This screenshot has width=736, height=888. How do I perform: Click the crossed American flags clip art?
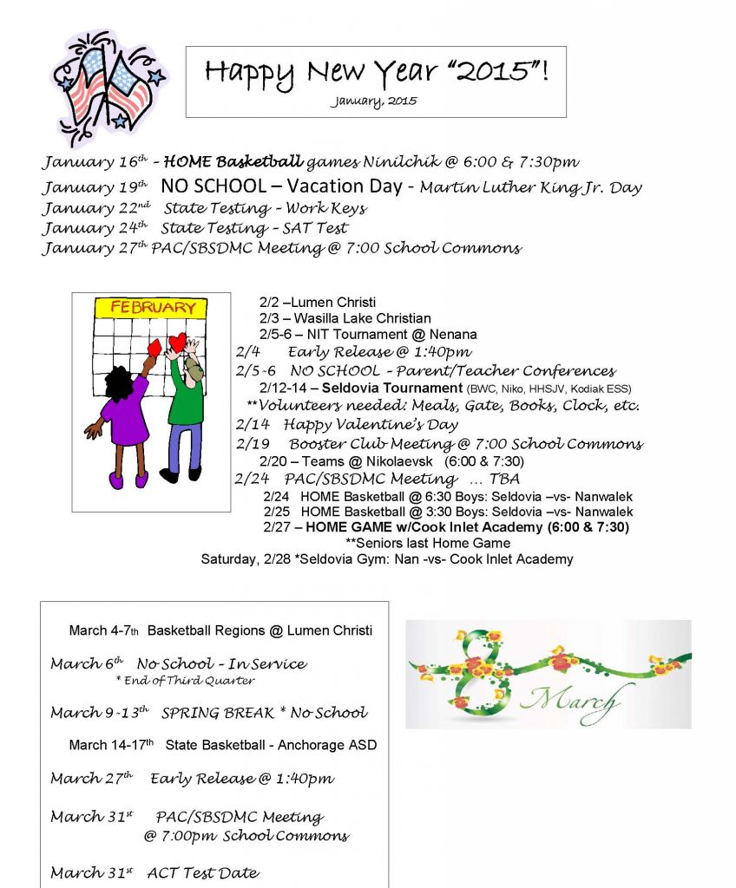click(x=108, y=87)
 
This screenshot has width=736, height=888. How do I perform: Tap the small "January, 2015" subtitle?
click(x=373, y=101)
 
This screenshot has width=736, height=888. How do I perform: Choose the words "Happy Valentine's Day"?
click(x=371, y=425)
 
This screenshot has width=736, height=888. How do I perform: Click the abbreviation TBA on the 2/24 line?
click(x=504, y=480)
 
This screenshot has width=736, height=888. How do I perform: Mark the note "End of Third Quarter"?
click(x=185, y=681)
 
